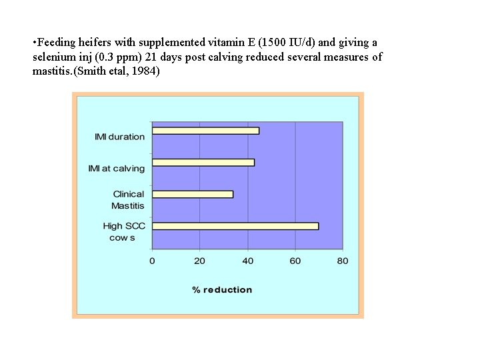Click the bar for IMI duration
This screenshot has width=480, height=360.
coord(205,131)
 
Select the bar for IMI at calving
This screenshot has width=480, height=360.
coord(203,163)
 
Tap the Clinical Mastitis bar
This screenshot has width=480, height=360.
coord(193,194)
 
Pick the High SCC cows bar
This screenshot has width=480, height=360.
coord(235,226)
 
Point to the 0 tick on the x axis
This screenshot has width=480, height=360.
coord(152,261)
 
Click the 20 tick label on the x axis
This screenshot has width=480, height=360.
coord(199,261)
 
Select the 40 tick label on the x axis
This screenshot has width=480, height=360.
coord(247,261)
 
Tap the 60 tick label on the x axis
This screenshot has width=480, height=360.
coord(295,261)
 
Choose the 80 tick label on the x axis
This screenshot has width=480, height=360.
coord(342,261)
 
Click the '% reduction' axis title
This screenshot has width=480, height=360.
coord(222,289)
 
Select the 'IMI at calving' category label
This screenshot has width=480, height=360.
coord(117,169)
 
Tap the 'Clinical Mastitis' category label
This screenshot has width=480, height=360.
coord(128,200)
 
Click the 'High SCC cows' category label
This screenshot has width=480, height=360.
coord(123,232)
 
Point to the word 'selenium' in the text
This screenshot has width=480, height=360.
coord(52,57)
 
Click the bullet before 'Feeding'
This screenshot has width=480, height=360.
coord(34,43)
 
